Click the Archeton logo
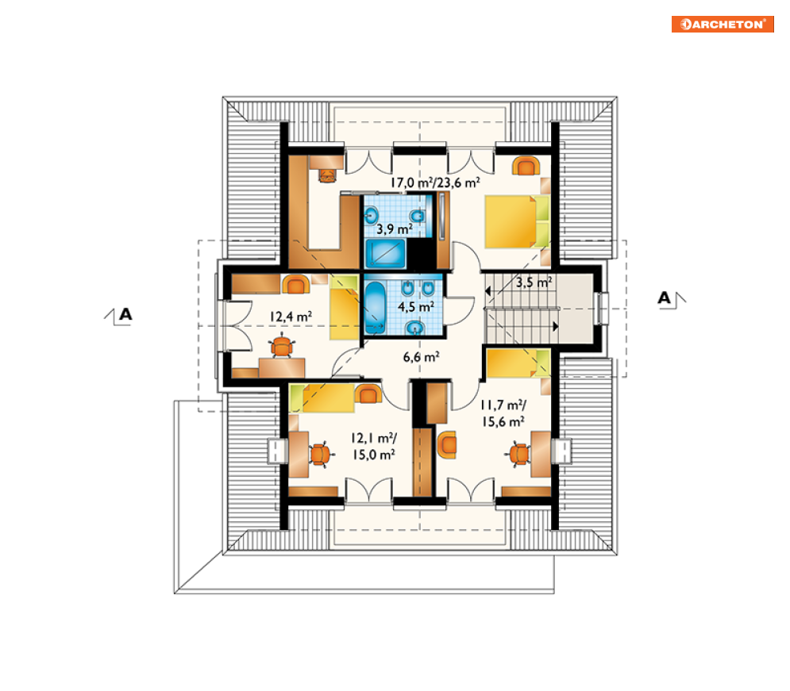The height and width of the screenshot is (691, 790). (722, 24)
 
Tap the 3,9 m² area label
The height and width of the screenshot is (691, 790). (395, 229)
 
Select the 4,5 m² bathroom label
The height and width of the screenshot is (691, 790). (416, 306)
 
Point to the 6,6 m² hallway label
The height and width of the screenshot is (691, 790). (421, 357)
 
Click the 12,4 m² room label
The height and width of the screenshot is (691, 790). (291, 317)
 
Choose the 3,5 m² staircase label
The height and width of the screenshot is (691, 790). (534, 282)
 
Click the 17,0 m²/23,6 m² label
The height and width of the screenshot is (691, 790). (435, 182)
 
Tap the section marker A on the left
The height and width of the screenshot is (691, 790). (125, 315)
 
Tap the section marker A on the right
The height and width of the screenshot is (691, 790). (664, 298)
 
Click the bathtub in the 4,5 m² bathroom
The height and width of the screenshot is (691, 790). (374, 308)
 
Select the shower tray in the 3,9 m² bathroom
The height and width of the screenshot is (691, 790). (385, 253)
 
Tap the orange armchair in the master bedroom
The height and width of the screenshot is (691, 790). (526, 166)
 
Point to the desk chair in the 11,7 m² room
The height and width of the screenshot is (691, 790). (518, 455)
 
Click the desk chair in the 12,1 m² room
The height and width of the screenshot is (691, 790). (321, 454)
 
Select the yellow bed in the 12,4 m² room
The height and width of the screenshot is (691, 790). (344, 308)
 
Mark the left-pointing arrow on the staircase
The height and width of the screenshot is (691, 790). (487, 291)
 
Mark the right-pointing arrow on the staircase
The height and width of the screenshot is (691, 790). (556, 326)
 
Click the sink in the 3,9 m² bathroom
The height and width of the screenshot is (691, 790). (372, 217)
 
